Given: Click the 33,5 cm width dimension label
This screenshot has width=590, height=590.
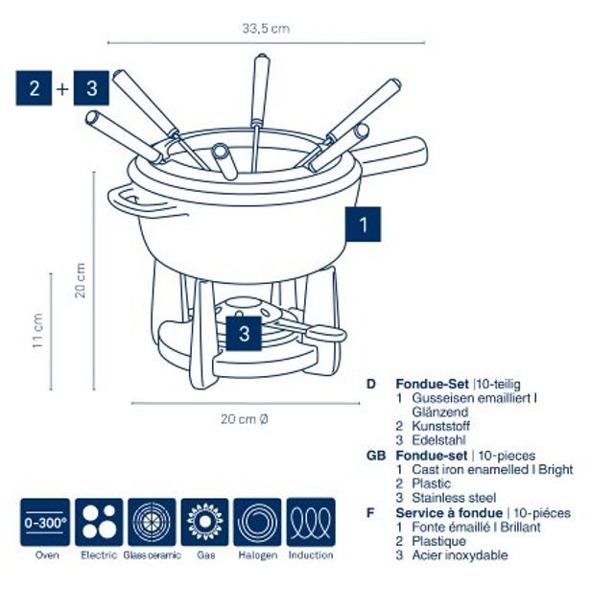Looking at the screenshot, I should [x=266, y=29].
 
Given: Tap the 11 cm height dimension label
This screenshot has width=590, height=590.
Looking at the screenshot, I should [x=37, y=330].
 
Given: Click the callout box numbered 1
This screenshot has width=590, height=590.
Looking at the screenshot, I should [x=363, y=224].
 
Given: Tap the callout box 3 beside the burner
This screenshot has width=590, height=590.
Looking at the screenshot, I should [x=246, y=334].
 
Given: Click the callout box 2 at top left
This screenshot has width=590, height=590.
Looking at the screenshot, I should [x=34, y=89].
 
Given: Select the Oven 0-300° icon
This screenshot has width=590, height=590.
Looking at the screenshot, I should [x=45, y=521].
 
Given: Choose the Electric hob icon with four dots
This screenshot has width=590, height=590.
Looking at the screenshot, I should [x=100, y=521].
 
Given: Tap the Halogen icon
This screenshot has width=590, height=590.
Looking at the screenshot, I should [x=257, y=521].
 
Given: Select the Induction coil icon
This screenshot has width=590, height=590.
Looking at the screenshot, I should [x=311, y=521].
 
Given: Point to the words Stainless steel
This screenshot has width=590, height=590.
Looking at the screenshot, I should [x=454, y=498].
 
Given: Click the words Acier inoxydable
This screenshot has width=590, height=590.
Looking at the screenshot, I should [x=460, y=555].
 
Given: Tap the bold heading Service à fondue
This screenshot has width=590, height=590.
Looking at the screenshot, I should [x=448, y=512].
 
